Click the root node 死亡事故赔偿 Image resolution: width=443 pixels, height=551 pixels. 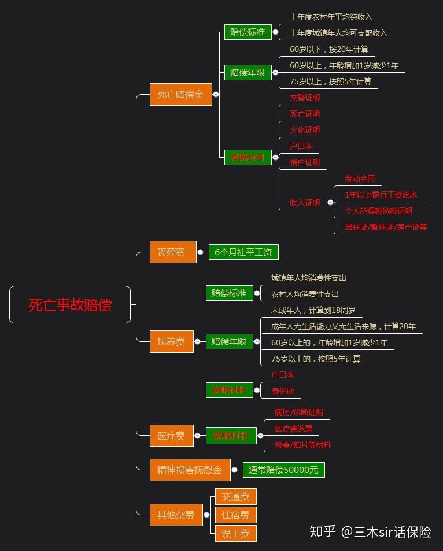pos(70,305)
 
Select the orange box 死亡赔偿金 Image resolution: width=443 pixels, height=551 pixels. pos(180,94)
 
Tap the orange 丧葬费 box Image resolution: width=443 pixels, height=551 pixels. pos(173,252)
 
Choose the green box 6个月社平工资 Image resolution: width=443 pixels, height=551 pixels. pos(243,252)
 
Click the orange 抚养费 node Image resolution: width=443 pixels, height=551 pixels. pos(172,341)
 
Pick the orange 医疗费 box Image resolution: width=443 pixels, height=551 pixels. pos(172,435)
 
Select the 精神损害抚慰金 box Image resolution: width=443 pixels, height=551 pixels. pos(190,470)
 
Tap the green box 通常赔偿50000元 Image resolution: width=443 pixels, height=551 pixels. pos(283,470)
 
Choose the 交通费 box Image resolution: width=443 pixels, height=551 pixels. pos(235,497)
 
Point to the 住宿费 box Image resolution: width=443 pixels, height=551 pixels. pos(235,515)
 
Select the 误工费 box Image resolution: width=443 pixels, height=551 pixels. pos(235,533)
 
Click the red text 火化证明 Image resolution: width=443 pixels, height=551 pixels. pos(305,130)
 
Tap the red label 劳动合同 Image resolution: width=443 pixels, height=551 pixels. pos(360,178)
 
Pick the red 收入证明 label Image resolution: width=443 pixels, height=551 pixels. pos(305,203)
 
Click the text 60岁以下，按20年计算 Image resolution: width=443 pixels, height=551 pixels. pos(329,49)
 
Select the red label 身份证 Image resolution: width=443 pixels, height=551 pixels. pos(283,391)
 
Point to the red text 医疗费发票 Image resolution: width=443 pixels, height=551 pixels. pos(294,429)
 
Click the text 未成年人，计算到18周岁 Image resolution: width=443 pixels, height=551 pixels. pos(313,310)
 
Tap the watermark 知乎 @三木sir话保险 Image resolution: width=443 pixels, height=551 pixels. pos(371,531)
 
